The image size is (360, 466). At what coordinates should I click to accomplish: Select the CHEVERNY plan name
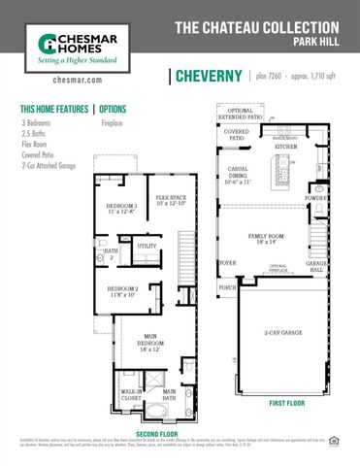click(x=208, y=77)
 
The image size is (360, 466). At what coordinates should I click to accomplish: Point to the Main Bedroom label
click(x=149, y=346)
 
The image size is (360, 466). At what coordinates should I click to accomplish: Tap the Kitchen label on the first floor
click(x=285, y=147)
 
